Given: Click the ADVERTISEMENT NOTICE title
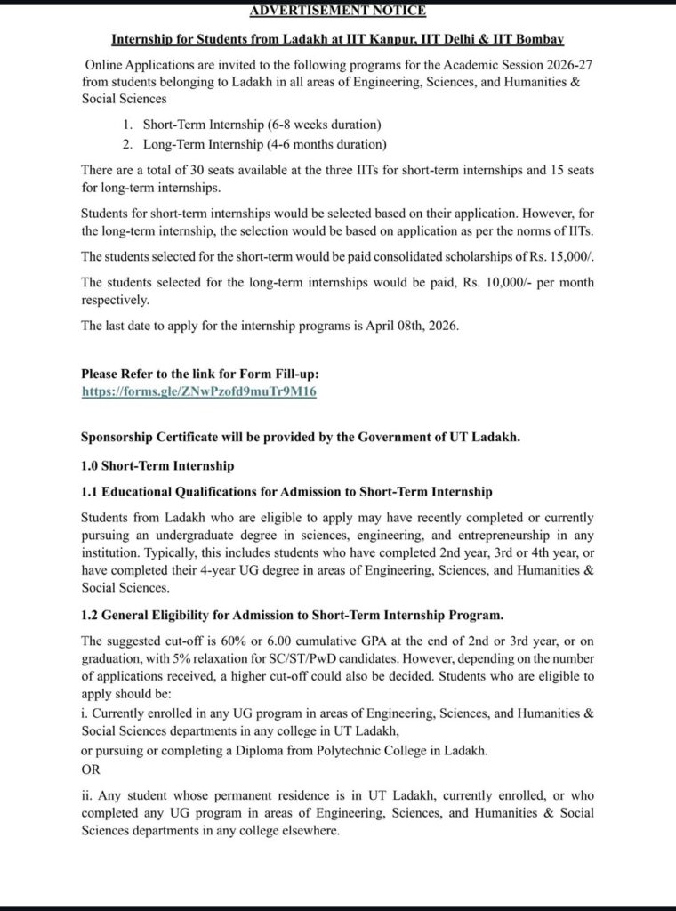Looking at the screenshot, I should click(337, 11).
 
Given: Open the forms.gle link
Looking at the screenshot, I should click(199, 391).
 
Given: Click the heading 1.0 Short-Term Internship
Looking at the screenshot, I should click(157, 465).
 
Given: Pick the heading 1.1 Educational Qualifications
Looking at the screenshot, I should click(286, 491).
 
